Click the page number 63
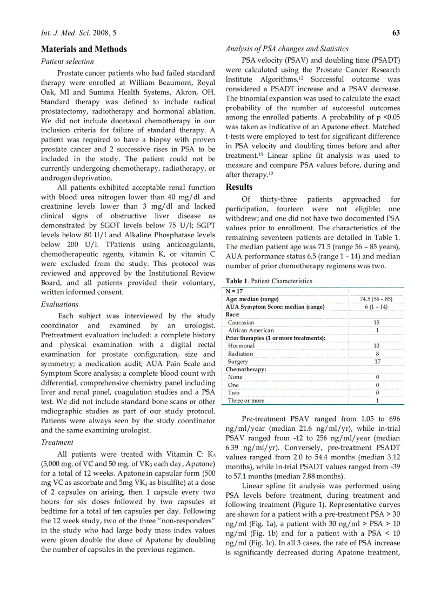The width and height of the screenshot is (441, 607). (396, 33)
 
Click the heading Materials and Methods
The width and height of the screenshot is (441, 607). (84, 49)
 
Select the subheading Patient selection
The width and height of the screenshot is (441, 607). (68, 62)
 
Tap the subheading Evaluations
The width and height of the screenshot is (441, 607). (60, 304)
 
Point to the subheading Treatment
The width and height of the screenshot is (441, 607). (57, 442)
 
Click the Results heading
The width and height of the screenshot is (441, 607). (239, 187)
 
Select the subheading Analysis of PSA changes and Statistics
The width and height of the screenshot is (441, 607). (287, 49)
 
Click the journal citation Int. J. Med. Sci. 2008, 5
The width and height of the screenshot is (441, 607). (78, 33)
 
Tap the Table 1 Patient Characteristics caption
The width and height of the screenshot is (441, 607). (269, 281)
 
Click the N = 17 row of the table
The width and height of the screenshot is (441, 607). (235, 291)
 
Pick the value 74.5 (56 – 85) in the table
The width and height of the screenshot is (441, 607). (376, 299)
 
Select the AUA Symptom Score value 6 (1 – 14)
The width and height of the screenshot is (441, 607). (376, 306)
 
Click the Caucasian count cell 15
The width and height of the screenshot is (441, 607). (377, 322)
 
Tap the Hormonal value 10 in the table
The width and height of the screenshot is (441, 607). (377, 346)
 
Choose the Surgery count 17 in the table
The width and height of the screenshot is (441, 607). (377, 362)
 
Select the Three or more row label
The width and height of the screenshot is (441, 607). (246, 401)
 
